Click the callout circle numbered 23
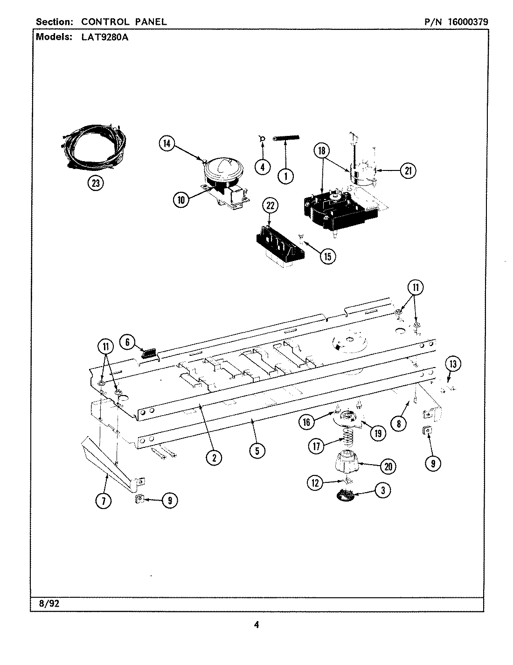[96, 183]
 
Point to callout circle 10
[180, 200]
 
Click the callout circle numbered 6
[127, 342]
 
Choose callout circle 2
[214, 458]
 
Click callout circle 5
[257, 450]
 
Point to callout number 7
[103, 501]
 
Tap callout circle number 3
[382, 490]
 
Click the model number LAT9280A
[100, 37]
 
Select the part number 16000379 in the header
[468, 21]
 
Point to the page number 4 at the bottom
[256, 624]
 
